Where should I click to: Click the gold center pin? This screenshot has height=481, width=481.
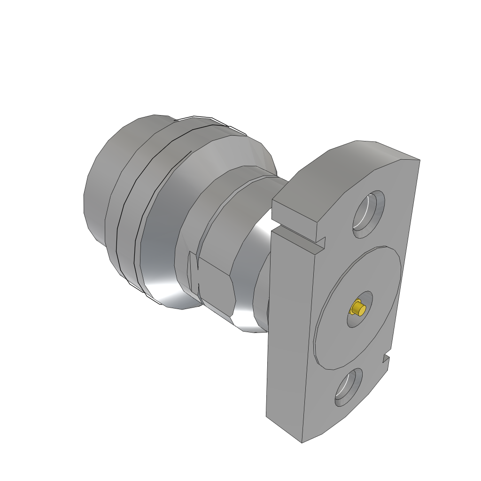point(359,309)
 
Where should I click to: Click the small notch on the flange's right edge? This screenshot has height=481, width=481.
point(386,359)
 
